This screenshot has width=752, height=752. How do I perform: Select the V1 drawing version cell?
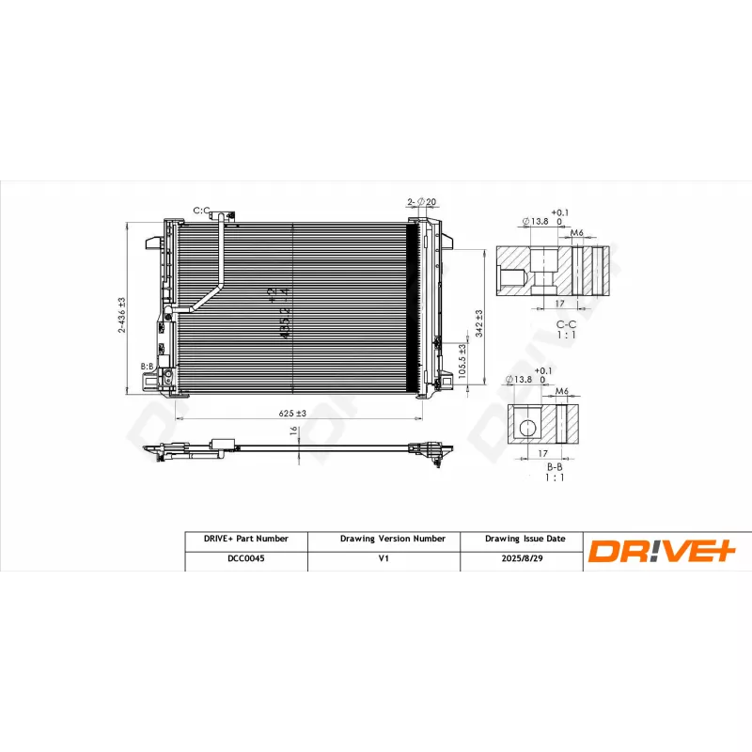[384, 557]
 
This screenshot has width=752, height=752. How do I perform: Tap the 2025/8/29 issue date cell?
[525, 557]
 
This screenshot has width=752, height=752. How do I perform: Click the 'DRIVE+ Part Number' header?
[245, 539]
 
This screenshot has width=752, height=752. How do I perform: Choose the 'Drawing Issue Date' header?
[525, 539]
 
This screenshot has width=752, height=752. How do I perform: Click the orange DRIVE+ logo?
[660, 550]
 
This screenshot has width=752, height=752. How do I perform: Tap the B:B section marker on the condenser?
[147, 366]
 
